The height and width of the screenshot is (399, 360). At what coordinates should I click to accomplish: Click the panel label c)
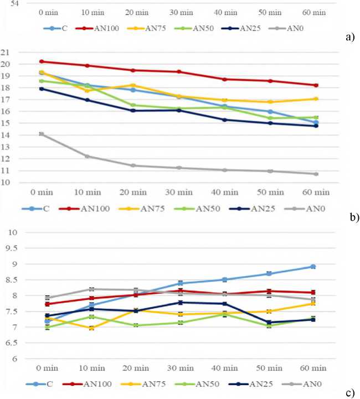click(349, 393)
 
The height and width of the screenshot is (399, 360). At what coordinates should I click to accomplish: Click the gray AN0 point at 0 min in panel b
click(42, 134)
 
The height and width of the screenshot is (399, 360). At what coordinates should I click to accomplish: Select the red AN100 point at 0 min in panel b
click(42, 61)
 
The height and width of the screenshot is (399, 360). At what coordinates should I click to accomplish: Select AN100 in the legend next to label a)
click(115, 26)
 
